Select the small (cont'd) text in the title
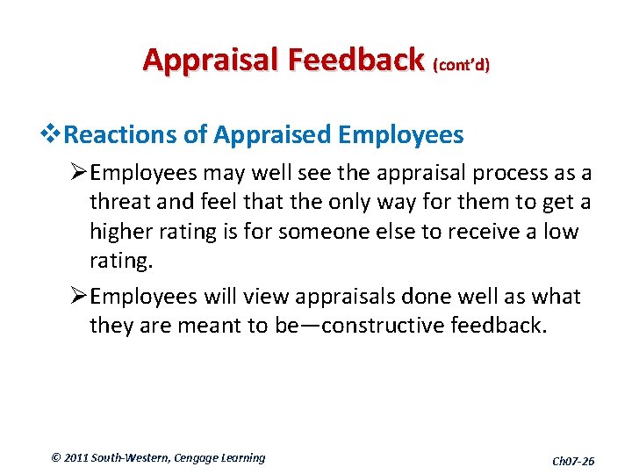point(461,65)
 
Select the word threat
point(119,203)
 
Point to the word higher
point(120,233)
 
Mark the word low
point(563,233)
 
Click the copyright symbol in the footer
point(57,457)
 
